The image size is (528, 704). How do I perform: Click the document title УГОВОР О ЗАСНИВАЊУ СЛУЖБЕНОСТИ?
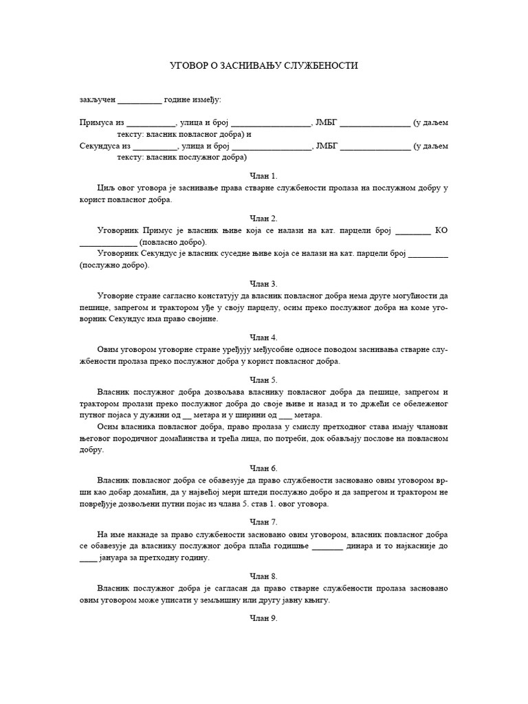click(x=264, y=65)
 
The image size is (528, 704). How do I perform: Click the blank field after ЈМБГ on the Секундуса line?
click(x=375, y=146)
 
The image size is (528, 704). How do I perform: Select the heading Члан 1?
click(x=264, y=176)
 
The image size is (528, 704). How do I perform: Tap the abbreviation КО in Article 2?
click(x=441, y=230)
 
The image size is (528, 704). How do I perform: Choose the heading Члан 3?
click(x=264, y=283)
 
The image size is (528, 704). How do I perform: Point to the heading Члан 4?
click(x=264, y=338)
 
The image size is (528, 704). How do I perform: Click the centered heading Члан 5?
click(x=264, y=379)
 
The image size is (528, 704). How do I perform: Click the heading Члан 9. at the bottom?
click(x=264, y=619)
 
